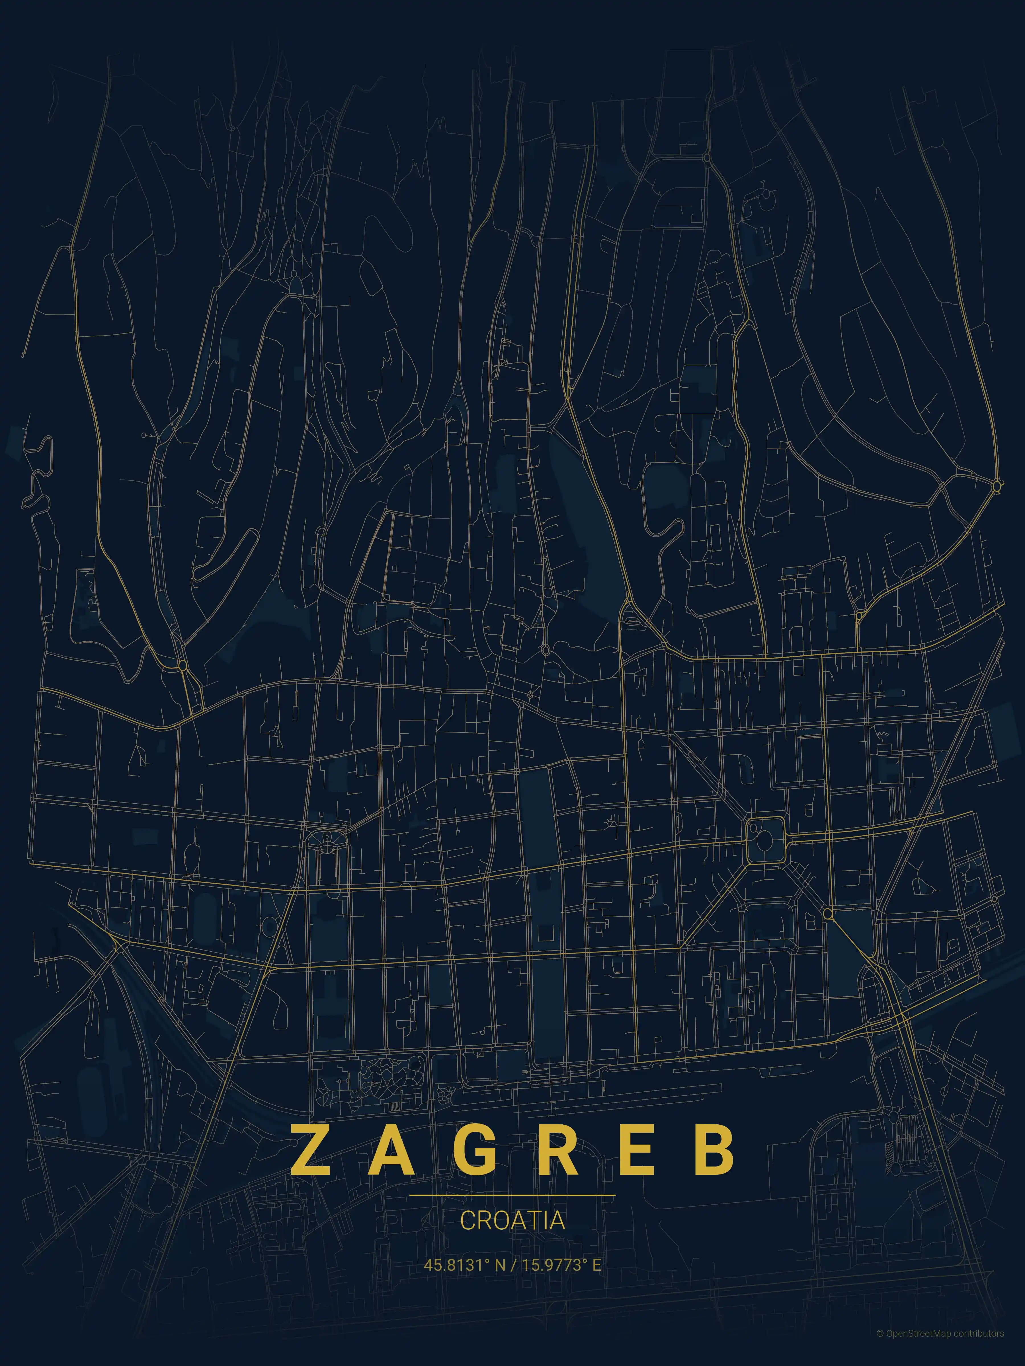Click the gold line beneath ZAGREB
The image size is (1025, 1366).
(512, 1195)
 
